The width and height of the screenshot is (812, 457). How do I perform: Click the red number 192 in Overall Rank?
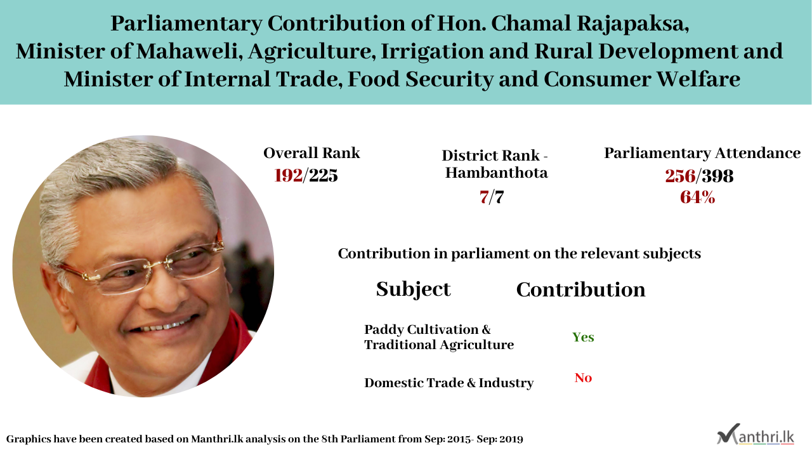point(288,176)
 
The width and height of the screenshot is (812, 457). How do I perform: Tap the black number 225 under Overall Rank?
point(324,176)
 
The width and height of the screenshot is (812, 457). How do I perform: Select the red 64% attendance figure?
point(697,197)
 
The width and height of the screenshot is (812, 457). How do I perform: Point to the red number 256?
point(681,176)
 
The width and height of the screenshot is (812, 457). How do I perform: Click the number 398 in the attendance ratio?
point(717,176)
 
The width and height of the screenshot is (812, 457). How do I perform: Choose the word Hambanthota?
point(496,173)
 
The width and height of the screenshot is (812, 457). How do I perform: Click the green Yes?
point(583,337)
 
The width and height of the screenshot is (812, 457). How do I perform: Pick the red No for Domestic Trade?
point(583,378)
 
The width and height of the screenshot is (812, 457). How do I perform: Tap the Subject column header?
point(413,290)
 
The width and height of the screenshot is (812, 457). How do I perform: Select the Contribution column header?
point(580,290)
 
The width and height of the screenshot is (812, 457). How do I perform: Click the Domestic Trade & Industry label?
point(449,383)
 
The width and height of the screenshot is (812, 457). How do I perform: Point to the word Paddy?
point(384,330)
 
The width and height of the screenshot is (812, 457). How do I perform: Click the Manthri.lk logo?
point(756,434)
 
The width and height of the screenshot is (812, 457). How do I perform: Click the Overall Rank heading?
point(311,153)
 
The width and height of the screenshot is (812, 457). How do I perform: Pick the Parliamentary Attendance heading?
point(702,154)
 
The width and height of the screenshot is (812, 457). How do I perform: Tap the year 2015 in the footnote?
point(459,440)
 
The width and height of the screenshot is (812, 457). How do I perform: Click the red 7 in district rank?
point(483,197)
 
